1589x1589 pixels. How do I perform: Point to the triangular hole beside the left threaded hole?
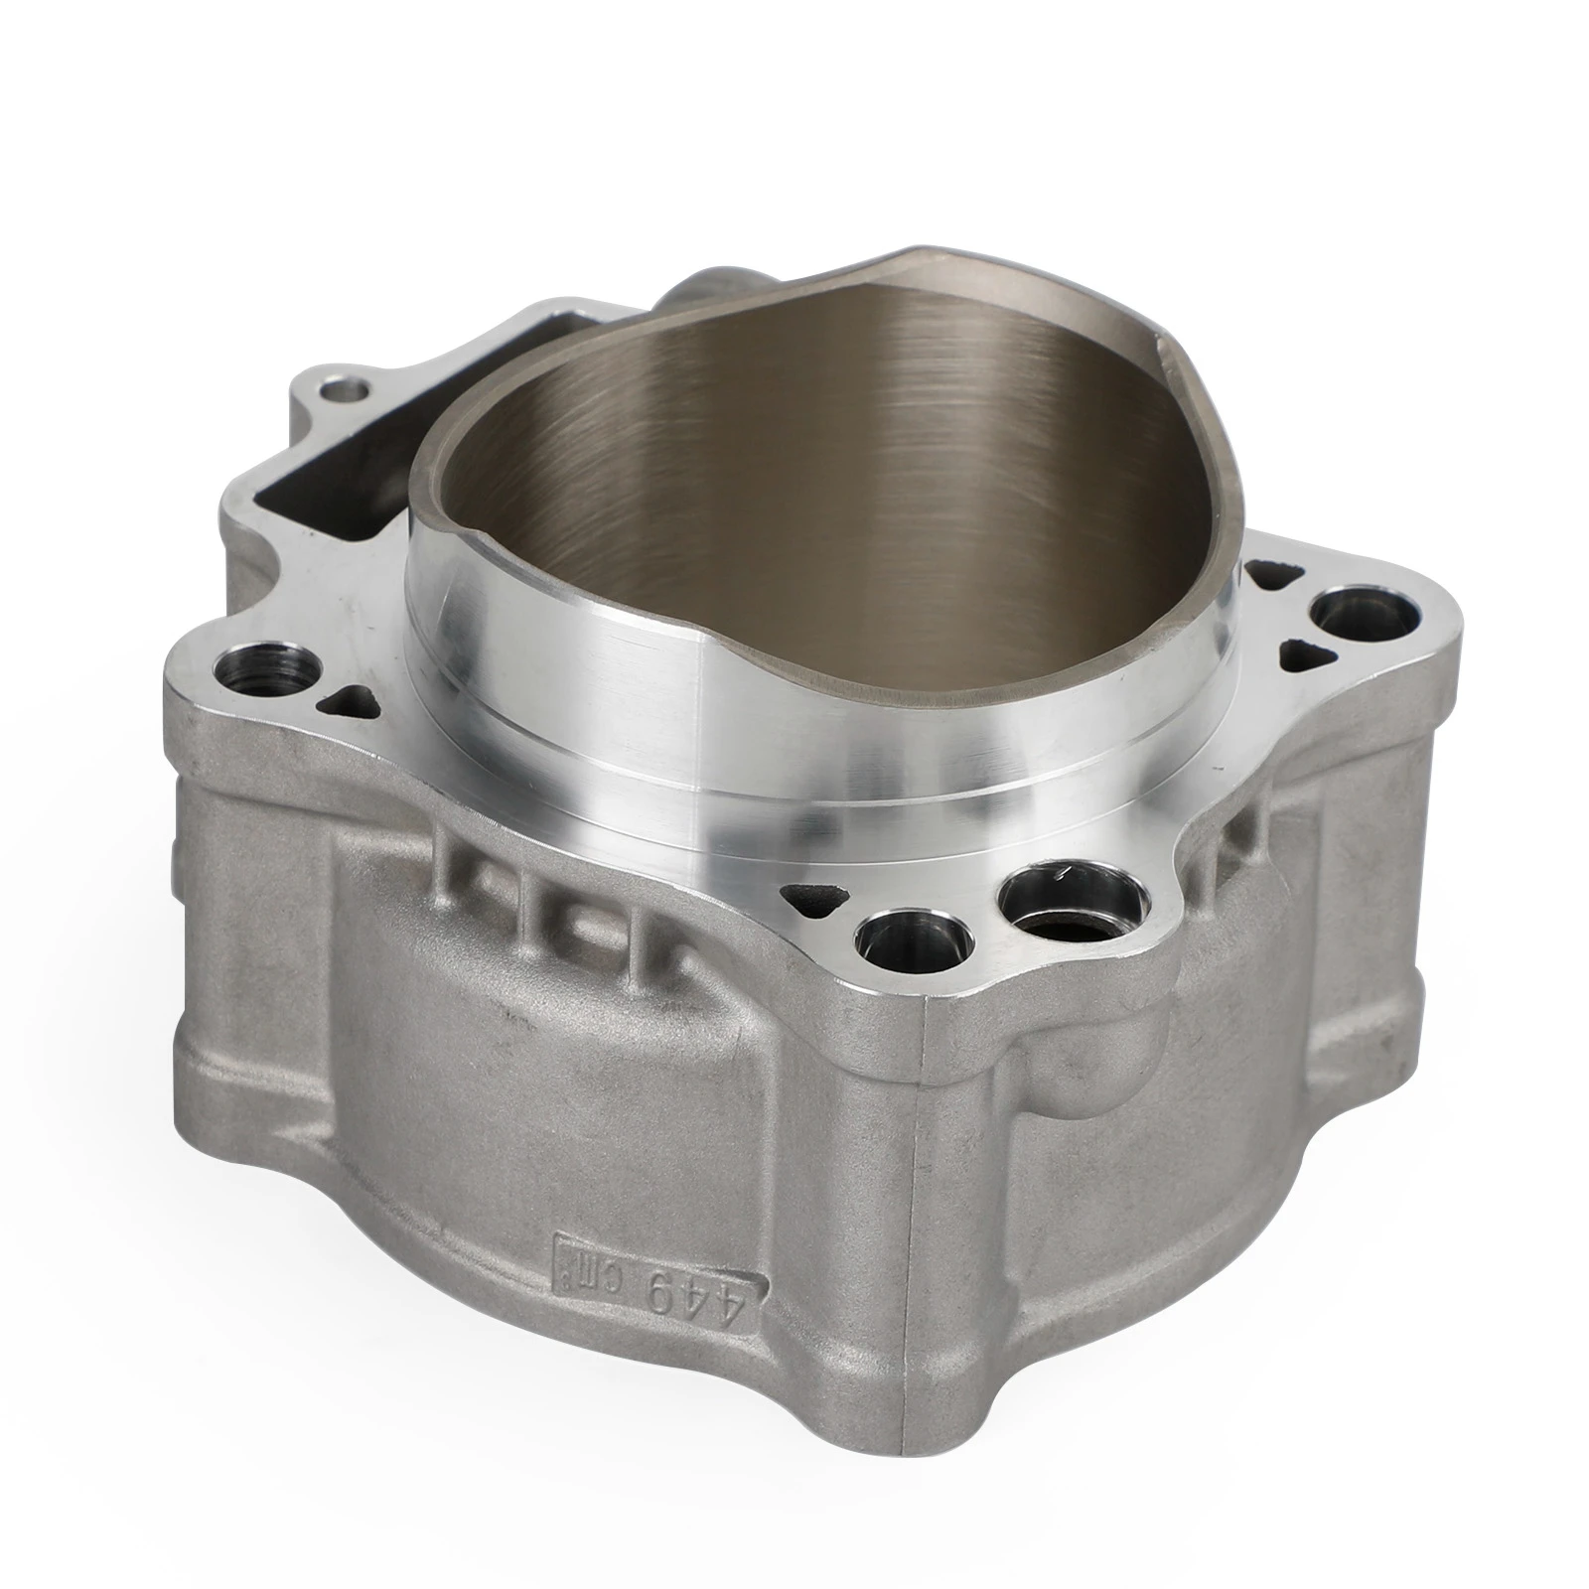(344, 699)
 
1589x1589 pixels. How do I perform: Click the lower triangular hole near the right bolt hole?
(1296, 652)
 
